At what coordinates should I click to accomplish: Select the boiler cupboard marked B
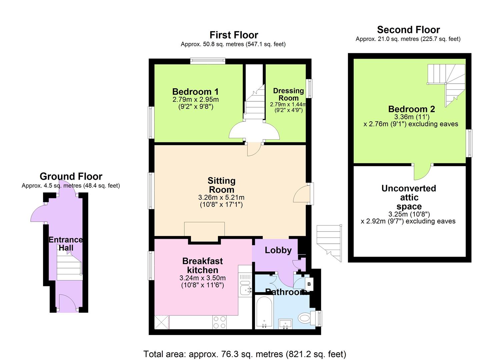click(309, 284)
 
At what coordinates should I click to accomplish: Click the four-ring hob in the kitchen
click(219, 322)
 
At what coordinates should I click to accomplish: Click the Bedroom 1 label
click(195, 92)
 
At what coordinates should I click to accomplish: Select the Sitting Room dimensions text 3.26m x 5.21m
click(221, 197)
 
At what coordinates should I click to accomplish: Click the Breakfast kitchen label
click(202, 265)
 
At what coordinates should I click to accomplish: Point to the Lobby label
click(278, 250)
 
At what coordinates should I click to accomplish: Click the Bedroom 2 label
click(411, 109)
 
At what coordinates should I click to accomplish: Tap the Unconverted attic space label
click(409, 197)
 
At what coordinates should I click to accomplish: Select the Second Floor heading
click(408, 30)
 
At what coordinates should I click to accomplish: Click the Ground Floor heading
click(71, 176)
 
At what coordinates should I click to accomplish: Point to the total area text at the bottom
click(245, 354)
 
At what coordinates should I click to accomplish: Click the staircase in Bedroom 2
click(447, 80)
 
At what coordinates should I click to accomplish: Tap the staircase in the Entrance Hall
click(69, 267)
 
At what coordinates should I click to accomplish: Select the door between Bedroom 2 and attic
click(422, 172)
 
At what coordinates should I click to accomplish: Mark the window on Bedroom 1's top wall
click(208, 61)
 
